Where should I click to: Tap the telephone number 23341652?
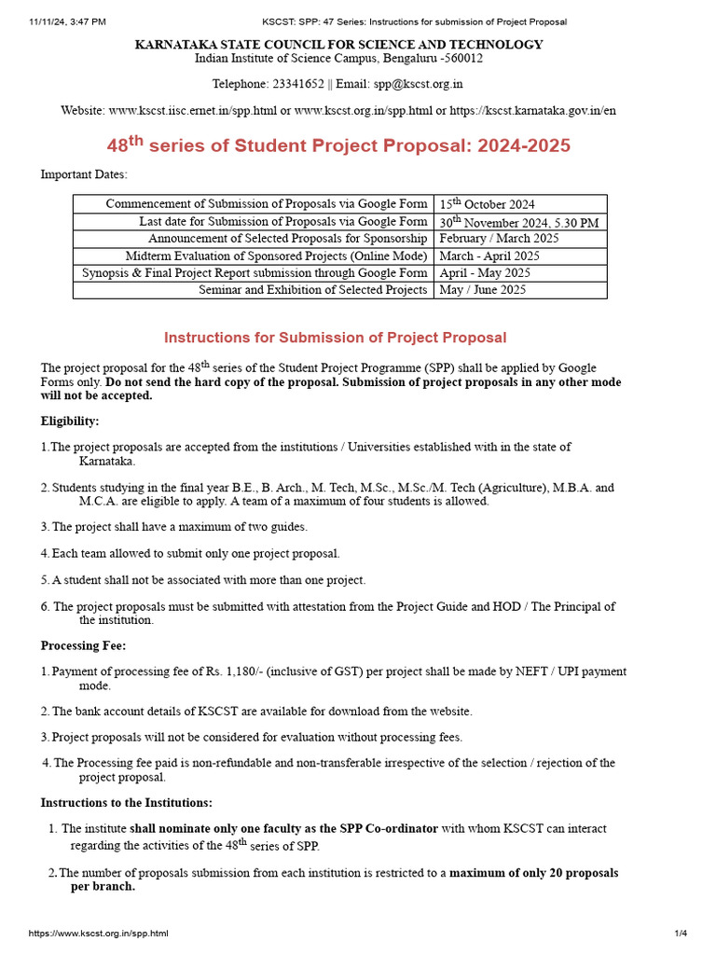pos(297,84)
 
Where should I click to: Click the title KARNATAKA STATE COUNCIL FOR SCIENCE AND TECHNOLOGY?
pos(338,45)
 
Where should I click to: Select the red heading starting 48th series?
pos(338,145)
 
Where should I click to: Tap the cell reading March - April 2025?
pos(489,256)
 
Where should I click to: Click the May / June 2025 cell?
pos(483,290)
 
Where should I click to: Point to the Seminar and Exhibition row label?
pos(312,290)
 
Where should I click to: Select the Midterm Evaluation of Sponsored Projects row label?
pos(276,256)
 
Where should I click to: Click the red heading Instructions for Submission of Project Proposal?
pos(336,338)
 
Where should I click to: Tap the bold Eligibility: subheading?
pos(70,422)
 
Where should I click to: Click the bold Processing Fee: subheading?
pos(84,645)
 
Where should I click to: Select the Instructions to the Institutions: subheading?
pos(126,802)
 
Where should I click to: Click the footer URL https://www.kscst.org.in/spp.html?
pos(99,933)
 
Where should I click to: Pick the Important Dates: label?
pos(84,174)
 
